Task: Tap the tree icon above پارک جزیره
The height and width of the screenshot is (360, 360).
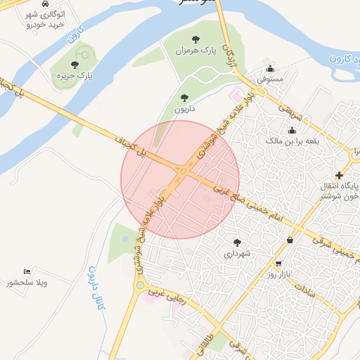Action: tap(75, 65)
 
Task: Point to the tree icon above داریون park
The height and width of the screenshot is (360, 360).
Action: tap(185, 98)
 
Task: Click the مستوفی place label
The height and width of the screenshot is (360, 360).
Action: tap(270, 79)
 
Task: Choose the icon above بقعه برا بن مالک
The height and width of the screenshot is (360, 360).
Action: tap(292, 130)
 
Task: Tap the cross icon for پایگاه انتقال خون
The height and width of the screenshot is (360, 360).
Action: tap(340, 175)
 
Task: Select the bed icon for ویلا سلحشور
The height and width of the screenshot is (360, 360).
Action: tap(27, 272)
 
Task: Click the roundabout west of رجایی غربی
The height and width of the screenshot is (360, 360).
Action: tap(140, 285)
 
